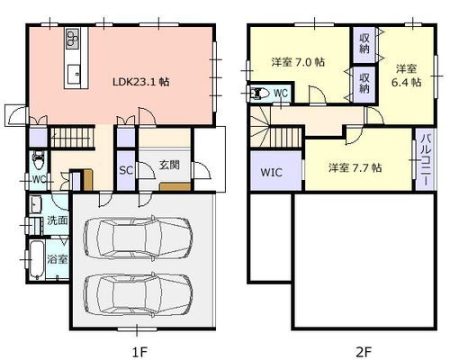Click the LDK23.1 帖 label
(x=141, y=82)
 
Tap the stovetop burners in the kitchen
(x=73, y=38)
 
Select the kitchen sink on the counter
(x=74, y=74)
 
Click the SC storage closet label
(x=126, y=170)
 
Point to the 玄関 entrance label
(x=169, y=165)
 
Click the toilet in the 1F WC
(x=38, y=160)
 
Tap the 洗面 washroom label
(x=58, y=220)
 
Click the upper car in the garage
(x=138, y=237)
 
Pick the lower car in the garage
(x=138, y=294)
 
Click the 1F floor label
(x=140, y=351)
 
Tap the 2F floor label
(x=364, y=351)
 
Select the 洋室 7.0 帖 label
(x=298, y=62)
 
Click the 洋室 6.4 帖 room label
(x=407, y=76)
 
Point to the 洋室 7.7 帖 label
(x=355, y=167)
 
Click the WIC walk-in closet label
(x=272, y=173)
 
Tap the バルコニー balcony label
(x=426, y=160)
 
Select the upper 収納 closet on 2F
(x=364, y=44)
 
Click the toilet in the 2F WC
(x=259, y=94)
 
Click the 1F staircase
(x=72, y=138)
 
